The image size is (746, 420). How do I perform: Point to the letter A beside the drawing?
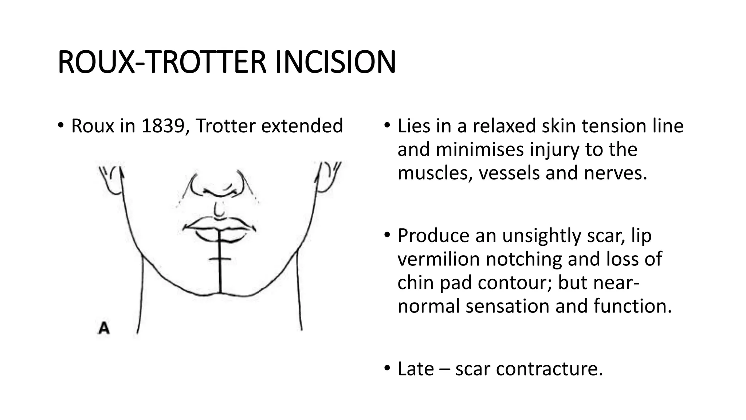pyautogui.click(x=104, y=328)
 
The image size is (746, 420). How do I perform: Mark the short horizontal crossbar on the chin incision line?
pyautogui.click(x=220, y=259)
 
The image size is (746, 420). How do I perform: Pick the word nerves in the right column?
pyautogui.click(x=615, y=173)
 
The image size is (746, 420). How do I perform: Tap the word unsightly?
pyautogui.click(x=542, y=236)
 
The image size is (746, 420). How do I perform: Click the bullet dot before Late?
pyautogui.click(x=387, y=368)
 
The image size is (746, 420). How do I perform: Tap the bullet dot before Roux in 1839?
pyautogui.click(x=60, y=126)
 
